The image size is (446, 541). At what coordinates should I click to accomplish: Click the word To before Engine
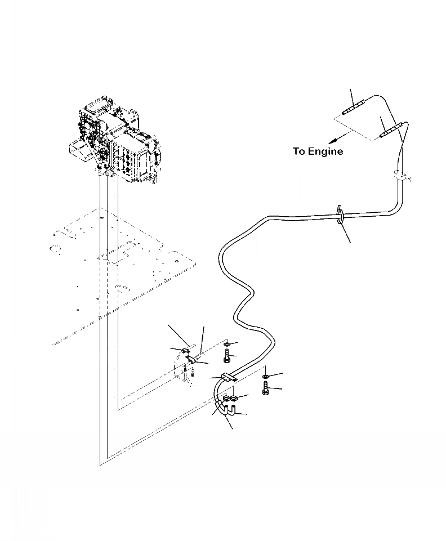(x=300, y=151)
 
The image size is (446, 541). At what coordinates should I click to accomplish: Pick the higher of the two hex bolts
(x=226, y=356)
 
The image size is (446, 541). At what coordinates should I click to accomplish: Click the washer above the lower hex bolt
(x=265, y=376)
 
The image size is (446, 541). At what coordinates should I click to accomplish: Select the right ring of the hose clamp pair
(x=233, y=400)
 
